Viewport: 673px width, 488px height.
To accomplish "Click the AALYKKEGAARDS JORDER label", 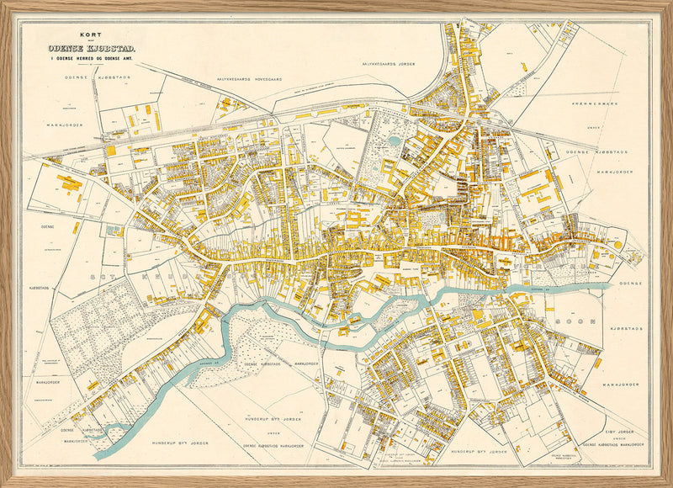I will (391, 63).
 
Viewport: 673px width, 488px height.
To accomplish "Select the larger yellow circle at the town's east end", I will (618, 244).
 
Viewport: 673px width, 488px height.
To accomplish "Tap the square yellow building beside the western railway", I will (110, 150).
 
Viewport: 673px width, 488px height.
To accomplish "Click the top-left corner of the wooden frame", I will (3, 3).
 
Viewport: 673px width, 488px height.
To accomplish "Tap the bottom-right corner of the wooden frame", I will (670, 485).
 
